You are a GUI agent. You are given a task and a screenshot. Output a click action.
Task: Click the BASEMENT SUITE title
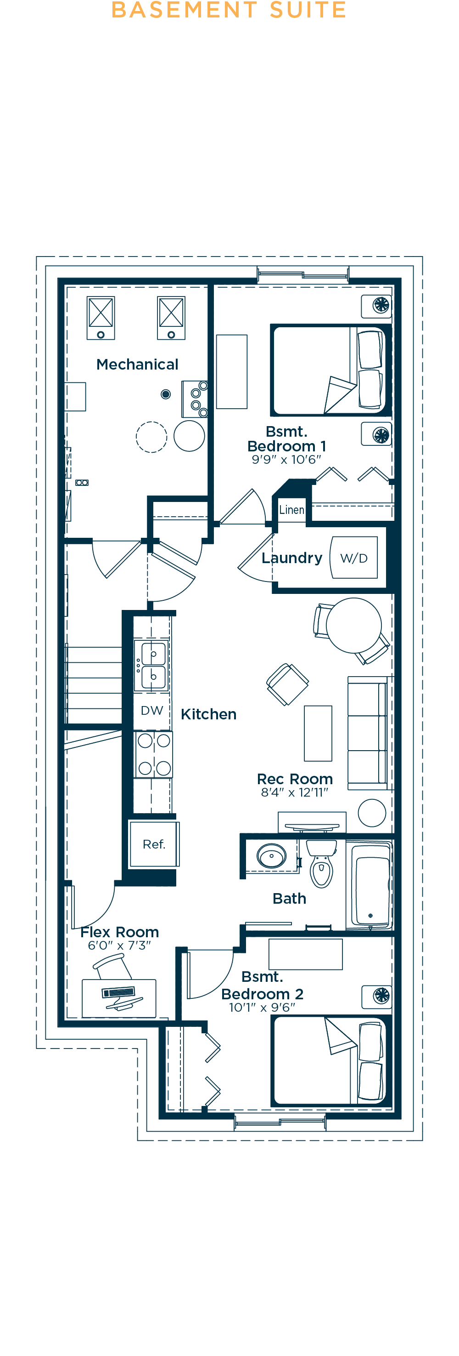(x=229, y=10)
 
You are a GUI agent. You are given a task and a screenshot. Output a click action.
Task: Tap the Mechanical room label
(x=137, y=364)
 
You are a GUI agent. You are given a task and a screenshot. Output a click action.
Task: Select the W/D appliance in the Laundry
(x=354, y=558)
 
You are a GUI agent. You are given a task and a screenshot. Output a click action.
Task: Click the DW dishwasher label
(x=151, y=711)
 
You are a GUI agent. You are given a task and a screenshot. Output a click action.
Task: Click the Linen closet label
(x=291, y=510)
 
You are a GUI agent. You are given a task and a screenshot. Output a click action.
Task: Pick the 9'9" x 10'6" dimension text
(x=286, y=460)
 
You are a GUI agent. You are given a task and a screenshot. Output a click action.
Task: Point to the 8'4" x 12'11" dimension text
(x=294, y=792)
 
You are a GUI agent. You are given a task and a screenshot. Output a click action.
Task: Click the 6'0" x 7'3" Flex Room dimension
(x=119, y=946)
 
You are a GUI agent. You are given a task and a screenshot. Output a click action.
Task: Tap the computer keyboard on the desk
(x=118, y=992)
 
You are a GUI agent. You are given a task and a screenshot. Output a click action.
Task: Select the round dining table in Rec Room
(x=353, y=625)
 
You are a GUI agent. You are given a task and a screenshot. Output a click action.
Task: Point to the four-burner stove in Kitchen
(x=153, y=754)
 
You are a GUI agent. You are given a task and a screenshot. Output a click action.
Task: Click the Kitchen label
(x=208, y=714)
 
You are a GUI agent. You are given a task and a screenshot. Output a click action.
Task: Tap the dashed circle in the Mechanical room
(x=151, y=437)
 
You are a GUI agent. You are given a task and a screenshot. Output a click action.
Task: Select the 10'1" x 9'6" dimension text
(x=262, y=1008)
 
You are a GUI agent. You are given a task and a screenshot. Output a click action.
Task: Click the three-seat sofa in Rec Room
(x=368, y=733)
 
